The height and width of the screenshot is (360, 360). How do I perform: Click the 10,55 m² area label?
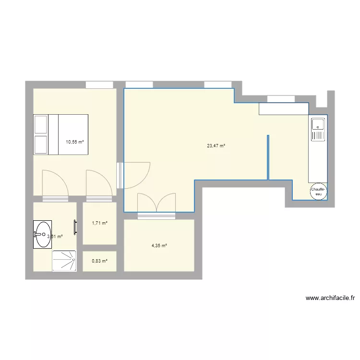point(75,142)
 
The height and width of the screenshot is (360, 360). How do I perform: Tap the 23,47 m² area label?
point(216,146)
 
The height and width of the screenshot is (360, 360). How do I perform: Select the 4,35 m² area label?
point(159,246)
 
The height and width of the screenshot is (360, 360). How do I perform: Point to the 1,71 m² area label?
point(99,223)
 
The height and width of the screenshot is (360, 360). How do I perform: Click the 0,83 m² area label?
point(99,261)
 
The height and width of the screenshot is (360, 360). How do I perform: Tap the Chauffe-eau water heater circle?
point(318,192)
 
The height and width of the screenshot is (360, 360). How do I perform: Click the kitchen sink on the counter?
point(317,130)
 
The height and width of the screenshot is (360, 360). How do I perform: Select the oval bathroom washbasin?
point(42,234)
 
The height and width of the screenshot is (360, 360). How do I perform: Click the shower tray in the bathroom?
point(64,261)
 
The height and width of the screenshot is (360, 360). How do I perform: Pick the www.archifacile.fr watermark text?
point(330,298)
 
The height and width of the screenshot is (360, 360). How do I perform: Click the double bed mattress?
point(73,134)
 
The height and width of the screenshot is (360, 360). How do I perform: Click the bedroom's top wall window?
point(99,85)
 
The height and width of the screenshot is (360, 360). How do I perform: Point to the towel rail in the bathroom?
point(75,227)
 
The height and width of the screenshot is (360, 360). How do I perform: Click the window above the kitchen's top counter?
point(281,99)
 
